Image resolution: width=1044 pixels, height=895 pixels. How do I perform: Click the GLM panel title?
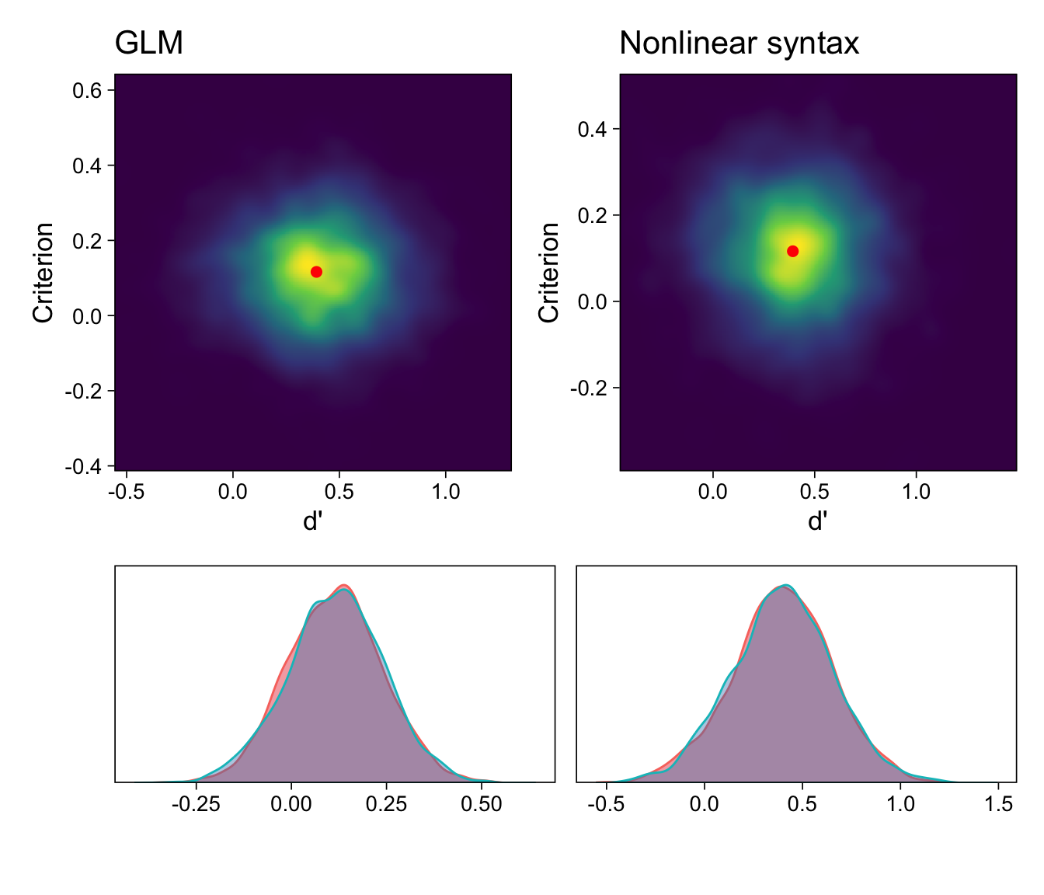tap(149, 44)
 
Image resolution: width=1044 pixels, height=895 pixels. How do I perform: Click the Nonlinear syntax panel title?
tap(739, 44)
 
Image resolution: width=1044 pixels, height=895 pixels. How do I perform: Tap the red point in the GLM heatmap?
tap(316, 271)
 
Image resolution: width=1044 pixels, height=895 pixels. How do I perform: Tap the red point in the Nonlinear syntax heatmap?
tap(792, 251)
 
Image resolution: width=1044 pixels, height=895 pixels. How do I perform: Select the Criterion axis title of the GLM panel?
tap(43, 272)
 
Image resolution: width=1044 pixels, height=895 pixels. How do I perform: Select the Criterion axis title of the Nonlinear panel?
tap(549, 272)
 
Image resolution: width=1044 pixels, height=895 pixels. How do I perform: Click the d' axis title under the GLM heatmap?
tap(312, 521)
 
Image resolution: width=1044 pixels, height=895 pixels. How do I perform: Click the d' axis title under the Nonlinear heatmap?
tap(817, 521)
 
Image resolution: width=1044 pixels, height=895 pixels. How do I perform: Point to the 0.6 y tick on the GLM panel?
tap(88, 91)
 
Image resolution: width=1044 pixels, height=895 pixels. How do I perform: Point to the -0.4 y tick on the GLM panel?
tap(85, 466)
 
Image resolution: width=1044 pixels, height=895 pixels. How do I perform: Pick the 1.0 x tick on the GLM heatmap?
tap(445, 492)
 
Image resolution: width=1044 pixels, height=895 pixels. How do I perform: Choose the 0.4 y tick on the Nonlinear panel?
tap(593, 129)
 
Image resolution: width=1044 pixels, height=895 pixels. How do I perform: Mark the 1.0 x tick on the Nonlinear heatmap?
tap(916, 492)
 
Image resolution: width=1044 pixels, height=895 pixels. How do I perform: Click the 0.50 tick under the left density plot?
tap(482, 804)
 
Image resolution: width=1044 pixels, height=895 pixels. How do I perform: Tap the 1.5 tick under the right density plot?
tap(998, 804)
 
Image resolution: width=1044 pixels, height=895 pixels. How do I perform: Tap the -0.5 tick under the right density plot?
tap(607, 804)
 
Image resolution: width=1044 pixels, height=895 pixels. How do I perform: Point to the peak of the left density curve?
tap(343, 585)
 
